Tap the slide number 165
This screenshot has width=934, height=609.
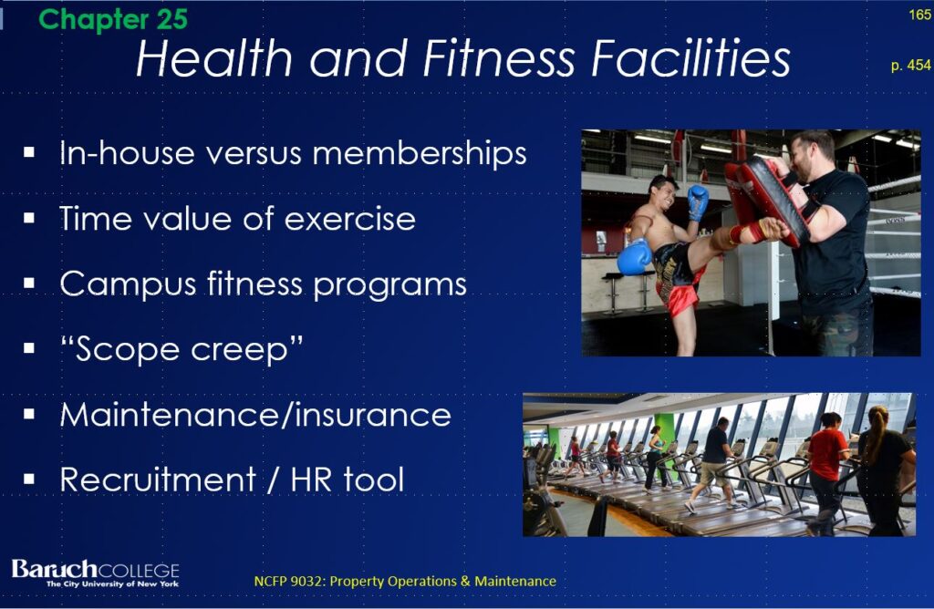[x=920, y=15]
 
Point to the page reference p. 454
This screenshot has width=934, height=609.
[x=911, y=65]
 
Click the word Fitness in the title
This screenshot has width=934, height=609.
[x=499, y=58]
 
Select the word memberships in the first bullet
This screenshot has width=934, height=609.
[x=420, y=153]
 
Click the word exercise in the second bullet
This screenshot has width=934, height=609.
[x=349, y=219]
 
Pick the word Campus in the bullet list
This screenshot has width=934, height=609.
[x=128, y=284]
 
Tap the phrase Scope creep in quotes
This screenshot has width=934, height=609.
[x=182, y=349]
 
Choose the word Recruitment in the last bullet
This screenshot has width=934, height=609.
[x=159, y=480]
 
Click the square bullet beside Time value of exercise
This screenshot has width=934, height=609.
[x=28, y=219]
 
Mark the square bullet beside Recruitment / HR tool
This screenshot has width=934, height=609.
[x=28, y=480]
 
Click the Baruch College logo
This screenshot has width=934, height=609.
[x=95, y=573]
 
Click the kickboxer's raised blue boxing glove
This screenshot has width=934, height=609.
[x=698, y=201]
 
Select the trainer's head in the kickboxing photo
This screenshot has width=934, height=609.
[x=814, y=155]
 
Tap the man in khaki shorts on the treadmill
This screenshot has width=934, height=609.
[x=713, y=464]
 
